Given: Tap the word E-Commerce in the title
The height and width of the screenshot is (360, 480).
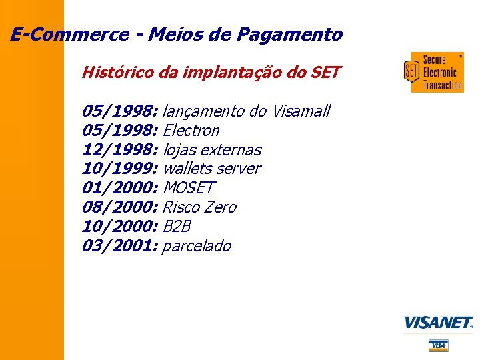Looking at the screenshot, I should click(x=69, y=35).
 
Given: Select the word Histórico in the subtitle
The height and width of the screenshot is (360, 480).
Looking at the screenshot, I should click(x=116, y=72).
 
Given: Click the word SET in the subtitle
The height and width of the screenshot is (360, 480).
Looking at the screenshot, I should click(x=325, y=72).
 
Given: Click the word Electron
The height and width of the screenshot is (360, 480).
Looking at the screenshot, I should click(x=191, y=130).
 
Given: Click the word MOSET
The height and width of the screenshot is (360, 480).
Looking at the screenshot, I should click(x=189, y=188).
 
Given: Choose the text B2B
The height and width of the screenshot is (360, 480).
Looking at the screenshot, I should click(x=177, y=227).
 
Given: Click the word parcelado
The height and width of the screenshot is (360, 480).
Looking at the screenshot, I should click(x=197, y=246).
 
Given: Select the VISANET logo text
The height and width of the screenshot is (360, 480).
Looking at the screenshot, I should click(x=438, y=323).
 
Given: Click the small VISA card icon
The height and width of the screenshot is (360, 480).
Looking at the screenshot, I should click(x=438, y=345).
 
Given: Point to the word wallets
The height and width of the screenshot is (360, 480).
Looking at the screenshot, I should click(x=187, y=169).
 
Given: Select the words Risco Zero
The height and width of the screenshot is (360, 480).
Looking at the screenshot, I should click(x=199, y=207).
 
